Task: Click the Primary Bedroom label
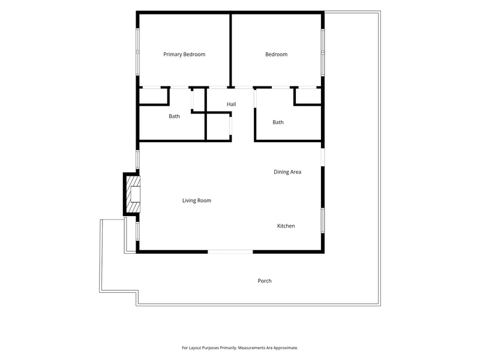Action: tap(184, 55)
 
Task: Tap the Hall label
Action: tap(232, 104)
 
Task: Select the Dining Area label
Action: tap(287, 172)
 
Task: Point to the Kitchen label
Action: tap(286, 226)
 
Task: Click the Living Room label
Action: tap(197, 200)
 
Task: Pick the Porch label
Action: tap(265, 281)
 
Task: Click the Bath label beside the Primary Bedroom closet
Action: tap(174, 116)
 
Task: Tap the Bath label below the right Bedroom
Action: tap(278, 122)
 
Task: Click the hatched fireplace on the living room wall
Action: tap(133, 194)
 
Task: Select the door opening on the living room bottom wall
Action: tap(230, 251)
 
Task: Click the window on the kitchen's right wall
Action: tap(323, 220)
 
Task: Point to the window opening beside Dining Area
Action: tap(323, 157)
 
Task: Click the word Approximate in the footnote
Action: tap(286, 348)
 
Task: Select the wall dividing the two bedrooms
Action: tap(230, 50)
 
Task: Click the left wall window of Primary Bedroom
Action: tap(138, 52)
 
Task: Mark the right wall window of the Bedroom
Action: tap(323, 52)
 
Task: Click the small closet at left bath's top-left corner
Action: tap(154, 97)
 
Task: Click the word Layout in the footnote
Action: tap(194, 348)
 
